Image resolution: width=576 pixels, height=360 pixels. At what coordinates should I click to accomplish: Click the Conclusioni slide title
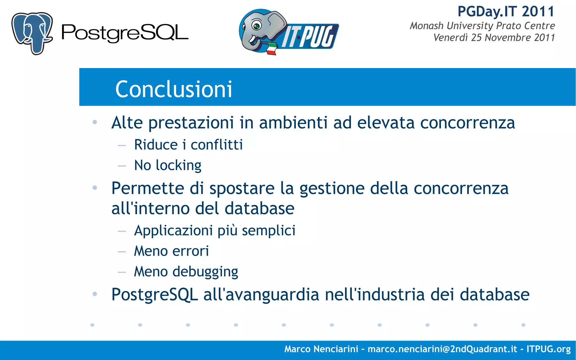tap(174, 89)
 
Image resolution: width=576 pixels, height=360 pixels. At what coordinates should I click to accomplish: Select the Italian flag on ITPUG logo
tap(271, 49)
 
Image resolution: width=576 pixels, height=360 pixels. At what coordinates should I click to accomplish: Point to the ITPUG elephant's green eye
tap(256, 26)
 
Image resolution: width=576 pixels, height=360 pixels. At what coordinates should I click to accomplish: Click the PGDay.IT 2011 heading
tap(506, 12)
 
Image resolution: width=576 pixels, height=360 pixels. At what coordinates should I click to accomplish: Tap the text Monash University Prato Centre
tap(482, 26)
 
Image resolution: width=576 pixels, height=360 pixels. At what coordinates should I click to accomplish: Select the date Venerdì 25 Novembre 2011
tap(494, 38)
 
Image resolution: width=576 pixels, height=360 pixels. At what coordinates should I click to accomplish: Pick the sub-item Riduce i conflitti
tap(188, 145)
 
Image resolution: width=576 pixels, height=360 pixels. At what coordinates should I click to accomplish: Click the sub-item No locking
tap(168, 165)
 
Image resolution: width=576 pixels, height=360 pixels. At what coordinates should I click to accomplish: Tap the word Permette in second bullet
tap(148, 188)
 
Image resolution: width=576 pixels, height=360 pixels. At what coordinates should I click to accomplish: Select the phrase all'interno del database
tap(203, 208)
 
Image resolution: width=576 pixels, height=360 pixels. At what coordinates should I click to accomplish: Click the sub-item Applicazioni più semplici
tap(215, 231)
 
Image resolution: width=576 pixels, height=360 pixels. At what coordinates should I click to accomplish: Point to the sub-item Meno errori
tap(171, 251)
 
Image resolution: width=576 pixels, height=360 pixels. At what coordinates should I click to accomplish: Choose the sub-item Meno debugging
tap(186, 272)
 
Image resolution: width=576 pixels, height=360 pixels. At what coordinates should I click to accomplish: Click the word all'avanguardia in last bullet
tap(261, 295)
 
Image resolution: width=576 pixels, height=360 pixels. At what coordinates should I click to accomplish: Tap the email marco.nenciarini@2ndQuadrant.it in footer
tap(442, 349)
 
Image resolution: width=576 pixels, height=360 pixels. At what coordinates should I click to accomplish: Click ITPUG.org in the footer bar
tap(548, 349)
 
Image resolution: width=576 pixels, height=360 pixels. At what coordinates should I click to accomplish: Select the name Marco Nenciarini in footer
tap(321, 349)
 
